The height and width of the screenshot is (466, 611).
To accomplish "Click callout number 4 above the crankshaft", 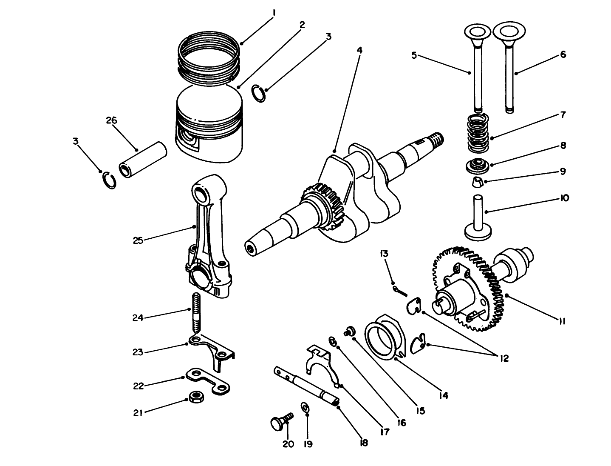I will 359,50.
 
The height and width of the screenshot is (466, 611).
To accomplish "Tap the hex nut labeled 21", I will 196,397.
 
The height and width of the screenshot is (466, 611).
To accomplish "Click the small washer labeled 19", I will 305,407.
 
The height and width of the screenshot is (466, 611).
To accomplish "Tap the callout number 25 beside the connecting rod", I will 138,240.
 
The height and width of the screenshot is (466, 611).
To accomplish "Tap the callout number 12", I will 504,358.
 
